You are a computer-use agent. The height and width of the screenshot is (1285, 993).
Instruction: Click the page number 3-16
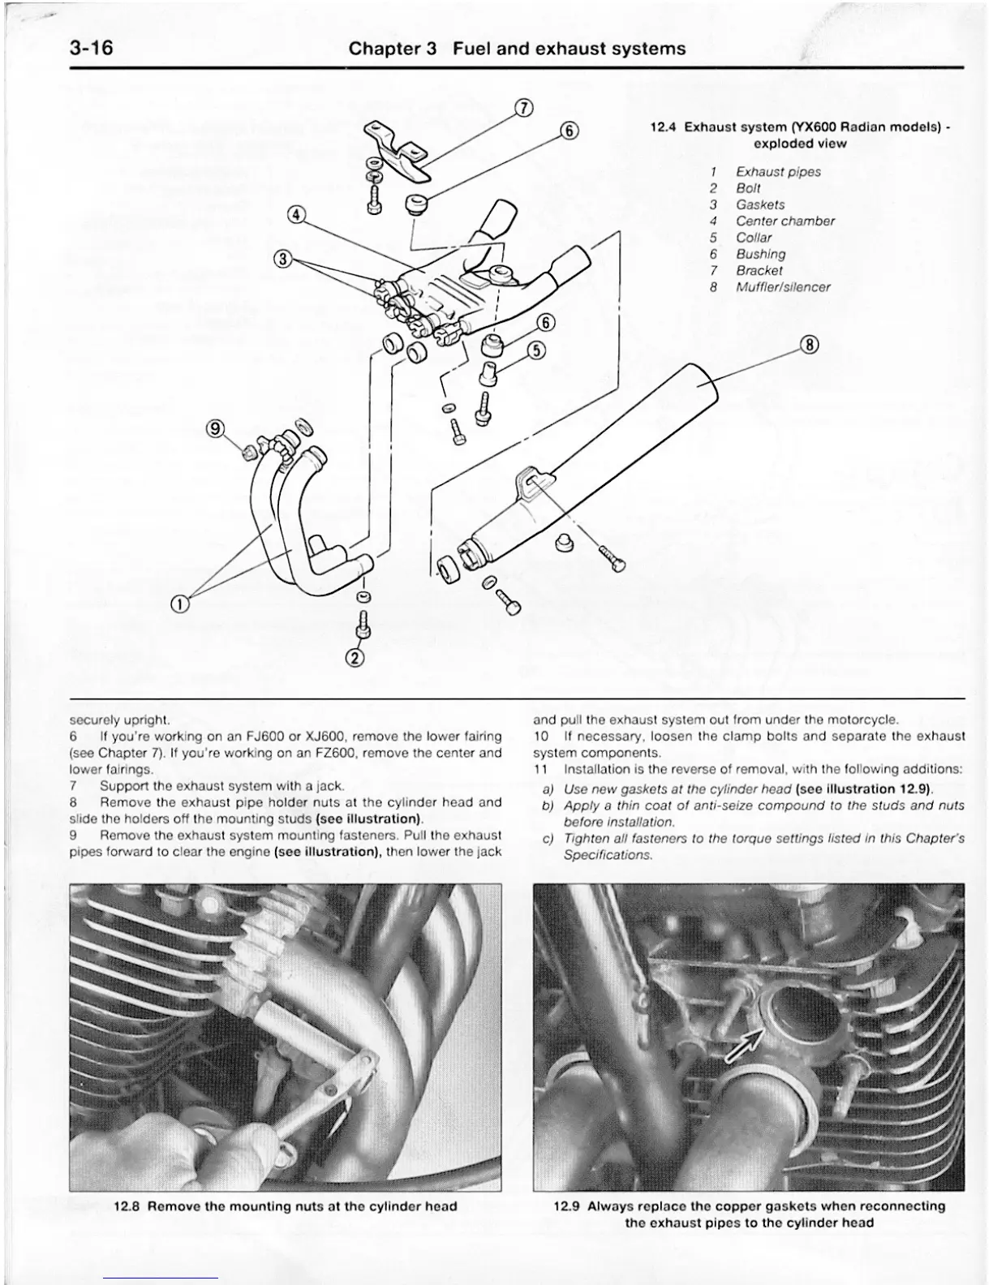91,49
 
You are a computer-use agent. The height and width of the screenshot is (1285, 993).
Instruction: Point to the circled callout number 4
297,215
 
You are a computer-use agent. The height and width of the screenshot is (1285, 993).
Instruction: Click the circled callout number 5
536,350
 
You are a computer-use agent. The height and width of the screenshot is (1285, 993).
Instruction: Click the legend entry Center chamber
785,221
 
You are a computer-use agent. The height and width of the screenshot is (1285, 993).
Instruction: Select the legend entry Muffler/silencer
783,287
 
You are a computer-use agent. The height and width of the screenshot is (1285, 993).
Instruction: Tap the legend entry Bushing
760,254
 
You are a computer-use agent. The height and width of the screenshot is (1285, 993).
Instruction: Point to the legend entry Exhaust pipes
778,172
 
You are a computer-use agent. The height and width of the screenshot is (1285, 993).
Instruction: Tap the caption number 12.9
566,1206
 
